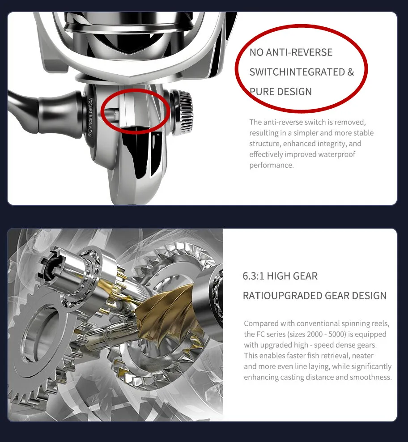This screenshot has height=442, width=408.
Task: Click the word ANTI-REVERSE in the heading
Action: (299, 52)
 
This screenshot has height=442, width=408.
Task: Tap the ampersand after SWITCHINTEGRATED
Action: (350, 72)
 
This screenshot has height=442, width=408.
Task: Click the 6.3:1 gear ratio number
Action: (254, 276)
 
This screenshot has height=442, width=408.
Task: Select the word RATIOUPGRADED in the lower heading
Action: (283, 296)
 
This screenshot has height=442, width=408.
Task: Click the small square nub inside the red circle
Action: (116, 114)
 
